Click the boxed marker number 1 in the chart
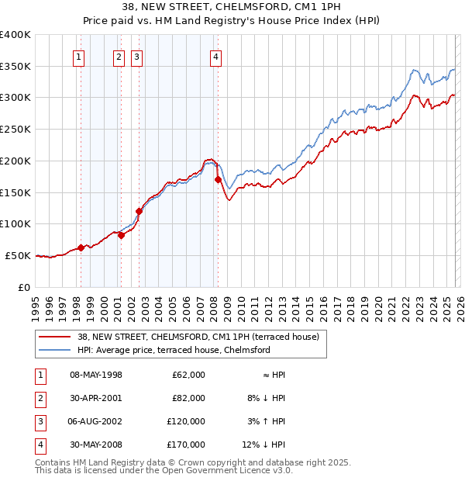point(80,56)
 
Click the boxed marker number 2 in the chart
point(119,56)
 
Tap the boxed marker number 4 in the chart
point(215,56)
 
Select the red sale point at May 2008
point(218,179)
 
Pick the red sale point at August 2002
point(139,210)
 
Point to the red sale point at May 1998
point(81,247)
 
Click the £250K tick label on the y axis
point(15,129)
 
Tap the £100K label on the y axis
point(15,223)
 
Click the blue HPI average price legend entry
point(173,351)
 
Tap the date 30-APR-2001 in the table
point(96,398)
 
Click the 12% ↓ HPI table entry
point(264,445)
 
